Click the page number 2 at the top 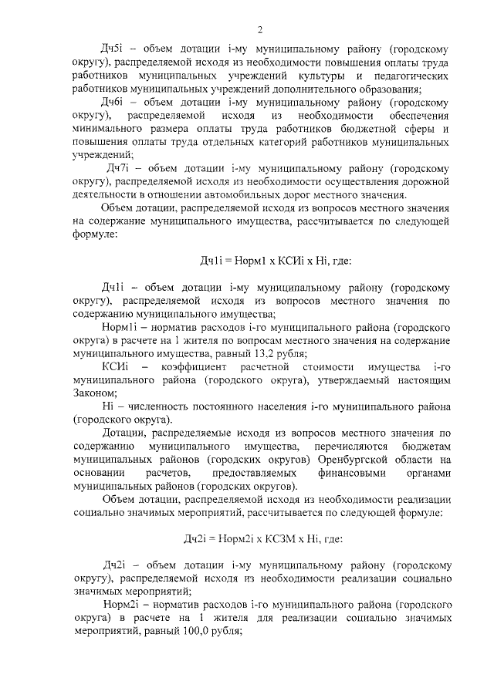(x=260, y=30)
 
